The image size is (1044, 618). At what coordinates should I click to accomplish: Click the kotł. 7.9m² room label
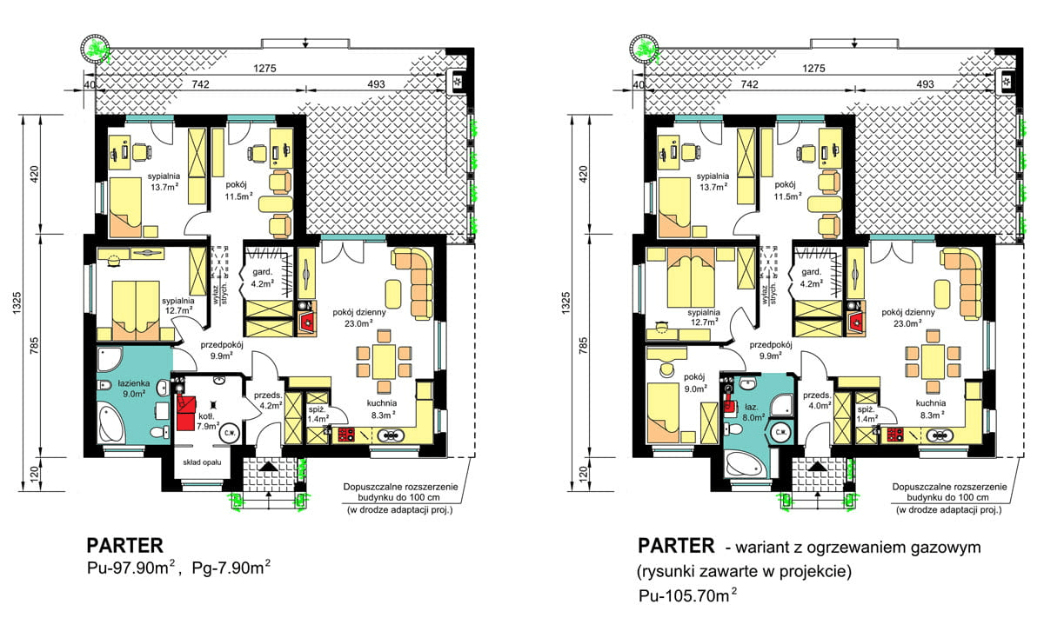tap(208, 421)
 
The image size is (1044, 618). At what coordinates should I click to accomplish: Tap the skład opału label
tap(202, 462)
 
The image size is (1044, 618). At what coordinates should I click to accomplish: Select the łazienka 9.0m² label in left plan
tap(134, 388)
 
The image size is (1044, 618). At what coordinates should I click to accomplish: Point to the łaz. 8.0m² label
tap(752, 412)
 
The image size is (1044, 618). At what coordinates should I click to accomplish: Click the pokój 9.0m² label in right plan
tap(694, 382)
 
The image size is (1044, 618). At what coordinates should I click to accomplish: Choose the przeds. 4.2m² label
tap(268, 400)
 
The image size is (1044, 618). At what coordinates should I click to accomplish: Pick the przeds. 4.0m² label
tap(817, 400)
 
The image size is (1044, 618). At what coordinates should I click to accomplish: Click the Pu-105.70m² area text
tap(688, 595)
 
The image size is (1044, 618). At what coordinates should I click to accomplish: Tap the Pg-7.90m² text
tap(231, 568)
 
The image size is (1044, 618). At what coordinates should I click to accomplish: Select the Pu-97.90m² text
tap(131, 568)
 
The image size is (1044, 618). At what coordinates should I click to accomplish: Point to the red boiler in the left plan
tap(186, 412)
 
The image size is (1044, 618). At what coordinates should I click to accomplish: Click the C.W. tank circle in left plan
tap(230, 433)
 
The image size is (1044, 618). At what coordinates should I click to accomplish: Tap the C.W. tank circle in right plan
tap(780, 433)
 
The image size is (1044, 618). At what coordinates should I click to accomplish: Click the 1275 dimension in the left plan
tap(264, 69)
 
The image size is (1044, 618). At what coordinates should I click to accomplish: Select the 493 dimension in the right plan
tap(925, 84)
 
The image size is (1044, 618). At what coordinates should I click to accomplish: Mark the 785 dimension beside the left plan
tap(34, 346)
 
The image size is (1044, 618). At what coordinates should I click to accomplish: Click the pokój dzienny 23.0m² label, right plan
tap(908, 317)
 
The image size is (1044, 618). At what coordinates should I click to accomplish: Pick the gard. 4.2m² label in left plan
tap(262, 277)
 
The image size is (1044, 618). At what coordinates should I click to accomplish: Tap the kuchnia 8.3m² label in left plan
tap(382, 409)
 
